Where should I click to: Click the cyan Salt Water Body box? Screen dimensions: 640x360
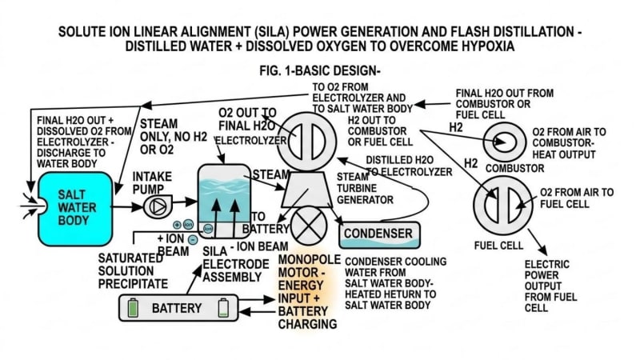[x=74, y=209]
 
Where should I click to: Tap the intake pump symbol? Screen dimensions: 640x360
[x=158, y=206]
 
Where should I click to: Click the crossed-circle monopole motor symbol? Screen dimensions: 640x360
[x=308, y=226]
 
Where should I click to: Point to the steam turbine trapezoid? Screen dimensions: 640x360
[x=304, y=190]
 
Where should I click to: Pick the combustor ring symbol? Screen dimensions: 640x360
[x=505, y=142]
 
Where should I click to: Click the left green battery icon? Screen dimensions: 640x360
[x=133, y=308]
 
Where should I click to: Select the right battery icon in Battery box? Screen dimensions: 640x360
[x=223, y=308]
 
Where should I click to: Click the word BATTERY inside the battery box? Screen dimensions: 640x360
[x=177, y=308]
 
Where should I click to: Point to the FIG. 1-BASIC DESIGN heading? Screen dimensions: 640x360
[x=319, y=70]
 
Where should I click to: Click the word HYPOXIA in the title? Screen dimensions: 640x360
[x=488, y=46]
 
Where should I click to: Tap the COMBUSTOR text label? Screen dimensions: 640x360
[x=514, y=168]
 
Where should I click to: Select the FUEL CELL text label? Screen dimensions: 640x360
[x=498, y=246]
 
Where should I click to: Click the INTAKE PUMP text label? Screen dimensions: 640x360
[x=152, y=183]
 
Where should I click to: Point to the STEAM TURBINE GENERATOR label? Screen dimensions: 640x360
[x=365, y=188]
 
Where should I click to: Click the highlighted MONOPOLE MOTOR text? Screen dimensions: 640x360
[x=310, y=266]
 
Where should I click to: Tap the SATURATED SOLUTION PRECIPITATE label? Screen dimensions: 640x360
[x=133, y=270]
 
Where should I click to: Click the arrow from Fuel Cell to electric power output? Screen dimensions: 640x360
[x=538, y=242]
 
